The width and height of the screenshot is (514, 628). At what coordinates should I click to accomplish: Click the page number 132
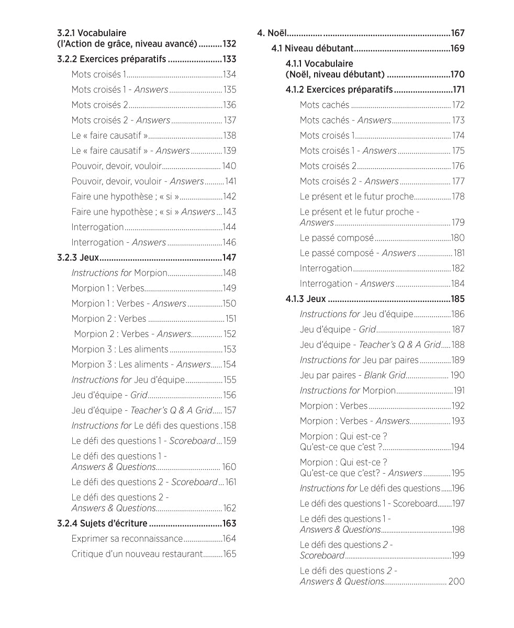229,44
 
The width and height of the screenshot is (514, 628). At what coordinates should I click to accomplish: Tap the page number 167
457,33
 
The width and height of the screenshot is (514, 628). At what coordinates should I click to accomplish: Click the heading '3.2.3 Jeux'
78,257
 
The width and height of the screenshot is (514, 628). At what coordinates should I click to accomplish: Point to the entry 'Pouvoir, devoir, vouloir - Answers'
137,181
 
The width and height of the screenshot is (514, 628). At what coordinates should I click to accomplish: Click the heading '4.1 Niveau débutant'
312,49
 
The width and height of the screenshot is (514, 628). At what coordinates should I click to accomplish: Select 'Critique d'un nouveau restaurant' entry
137,554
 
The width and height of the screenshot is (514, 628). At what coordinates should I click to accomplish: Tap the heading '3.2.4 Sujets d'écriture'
103,523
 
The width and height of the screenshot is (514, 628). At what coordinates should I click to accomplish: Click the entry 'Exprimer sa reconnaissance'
127,539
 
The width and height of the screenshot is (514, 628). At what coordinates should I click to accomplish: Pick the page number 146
229,242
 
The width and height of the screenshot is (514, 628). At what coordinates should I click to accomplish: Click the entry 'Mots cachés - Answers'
345,120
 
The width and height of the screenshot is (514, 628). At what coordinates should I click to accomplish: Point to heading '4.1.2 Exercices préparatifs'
339,89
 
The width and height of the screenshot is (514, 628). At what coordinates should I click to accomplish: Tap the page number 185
457,299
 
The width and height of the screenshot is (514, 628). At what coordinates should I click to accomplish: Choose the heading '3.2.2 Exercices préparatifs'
111,59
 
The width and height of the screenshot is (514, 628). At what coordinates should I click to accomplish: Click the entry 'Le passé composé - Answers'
357,253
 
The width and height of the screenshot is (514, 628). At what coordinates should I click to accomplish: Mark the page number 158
230,425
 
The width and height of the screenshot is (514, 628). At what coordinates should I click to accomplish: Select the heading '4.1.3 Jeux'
306,299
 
